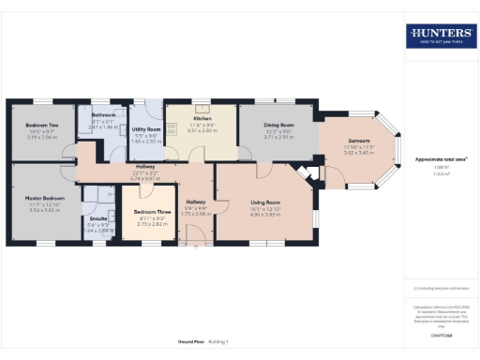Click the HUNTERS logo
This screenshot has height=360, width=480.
pyautogui.click(x=439, y=36)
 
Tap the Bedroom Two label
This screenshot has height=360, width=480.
pyautogui.click(x=41, y=125)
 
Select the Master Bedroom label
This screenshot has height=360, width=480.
pyautogui.click(x=43, y=198)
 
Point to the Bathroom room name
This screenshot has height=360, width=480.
pyautogui.click(x=104, y=115)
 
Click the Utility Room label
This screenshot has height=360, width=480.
pyautogui.click(x=147, y=129)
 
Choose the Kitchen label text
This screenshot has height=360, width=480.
pyautogui.click(x=202, y=119)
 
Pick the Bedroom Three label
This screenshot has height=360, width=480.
pyautogui.click(x=151, y=213)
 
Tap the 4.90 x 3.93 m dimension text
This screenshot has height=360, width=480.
pyautogui.click(x=265, y=214)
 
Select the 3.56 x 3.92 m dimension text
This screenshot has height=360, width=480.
pyautogui.click(x=43, y=210)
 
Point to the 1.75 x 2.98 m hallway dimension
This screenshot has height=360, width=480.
pyautogui.click(x=196, y=214)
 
